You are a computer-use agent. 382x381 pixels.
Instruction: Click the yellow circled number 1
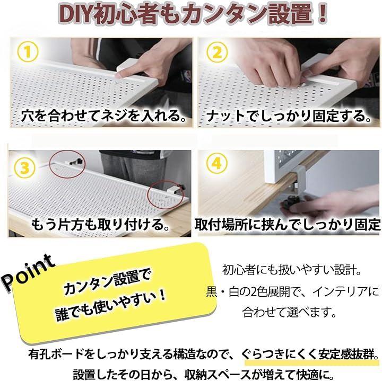[x=28, y=52]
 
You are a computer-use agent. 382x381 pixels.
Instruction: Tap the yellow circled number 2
[x=217, y=52]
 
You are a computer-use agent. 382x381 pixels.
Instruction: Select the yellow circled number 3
[x=24, y=168]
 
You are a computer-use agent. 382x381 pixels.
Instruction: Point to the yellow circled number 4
[x=216, y=163]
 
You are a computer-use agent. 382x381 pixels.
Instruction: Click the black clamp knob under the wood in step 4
[x=291, y=202]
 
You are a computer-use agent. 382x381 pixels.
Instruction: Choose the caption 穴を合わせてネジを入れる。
[x=103, y=116]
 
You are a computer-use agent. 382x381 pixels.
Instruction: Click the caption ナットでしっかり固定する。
[x=289, y=116]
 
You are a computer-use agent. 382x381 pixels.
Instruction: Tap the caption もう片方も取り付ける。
[x=100, y=224]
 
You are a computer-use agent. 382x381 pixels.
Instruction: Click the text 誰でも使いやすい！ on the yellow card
[x=111, y=305]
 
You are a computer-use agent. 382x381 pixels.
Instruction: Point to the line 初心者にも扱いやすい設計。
[x=292, y=270]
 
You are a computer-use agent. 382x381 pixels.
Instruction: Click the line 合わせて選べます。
[x=290, y=312]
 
